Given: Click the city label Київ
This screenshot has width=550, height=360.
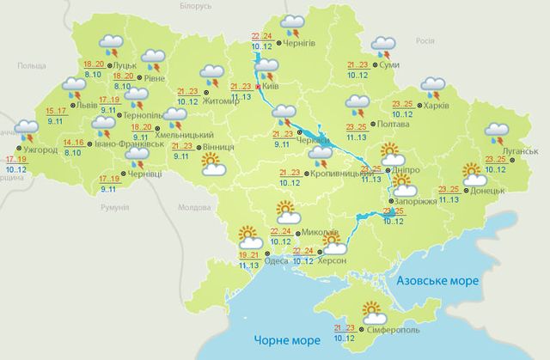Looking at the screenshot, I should (274, 87).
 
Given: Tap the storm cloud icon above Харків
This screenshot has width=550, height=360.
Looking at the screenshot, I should (432, 87).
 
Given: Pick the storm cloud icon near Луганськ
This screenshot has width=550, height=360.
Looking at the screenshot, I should (497, 133).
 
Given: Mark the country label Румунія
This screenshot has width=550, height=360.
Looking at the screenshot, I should (113, 208).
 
